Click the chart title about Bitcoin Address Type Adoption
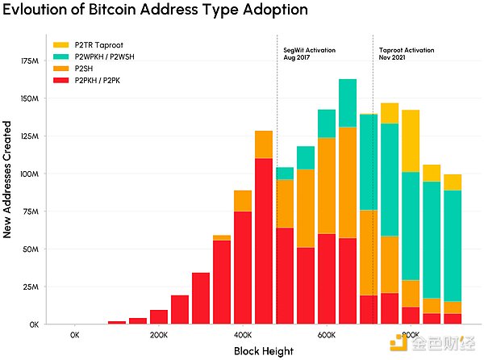(155, 9)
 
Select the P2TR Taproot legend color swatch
(60, 45)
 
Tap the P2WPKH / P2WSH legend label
(104, 57)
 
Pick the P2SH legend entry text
(84, 69)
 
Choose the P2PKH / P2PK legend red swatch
(60, 80)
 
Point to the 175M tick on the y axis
(30, 61)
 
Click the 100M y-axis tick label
(30, 174)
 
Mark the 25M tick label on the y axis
(31, 287)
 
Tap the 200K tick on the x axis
(159, 335)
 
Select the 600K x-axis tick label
(327, 335)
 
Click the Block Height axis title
(264, 351)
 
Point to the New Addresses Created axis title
(6, 179)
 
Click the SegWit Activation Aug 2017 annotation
(309, 54)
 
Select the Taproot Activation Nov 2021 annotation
(407, 54)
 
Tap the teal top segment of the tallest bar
(348, 103)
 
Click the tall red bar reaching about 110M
(264, 241)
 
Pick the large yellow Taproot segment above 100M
(411, 140)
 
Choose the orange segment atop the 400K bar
(243, 201)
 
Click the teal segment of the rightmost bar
(453, 245)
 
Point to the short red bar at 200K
(159, 317)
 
